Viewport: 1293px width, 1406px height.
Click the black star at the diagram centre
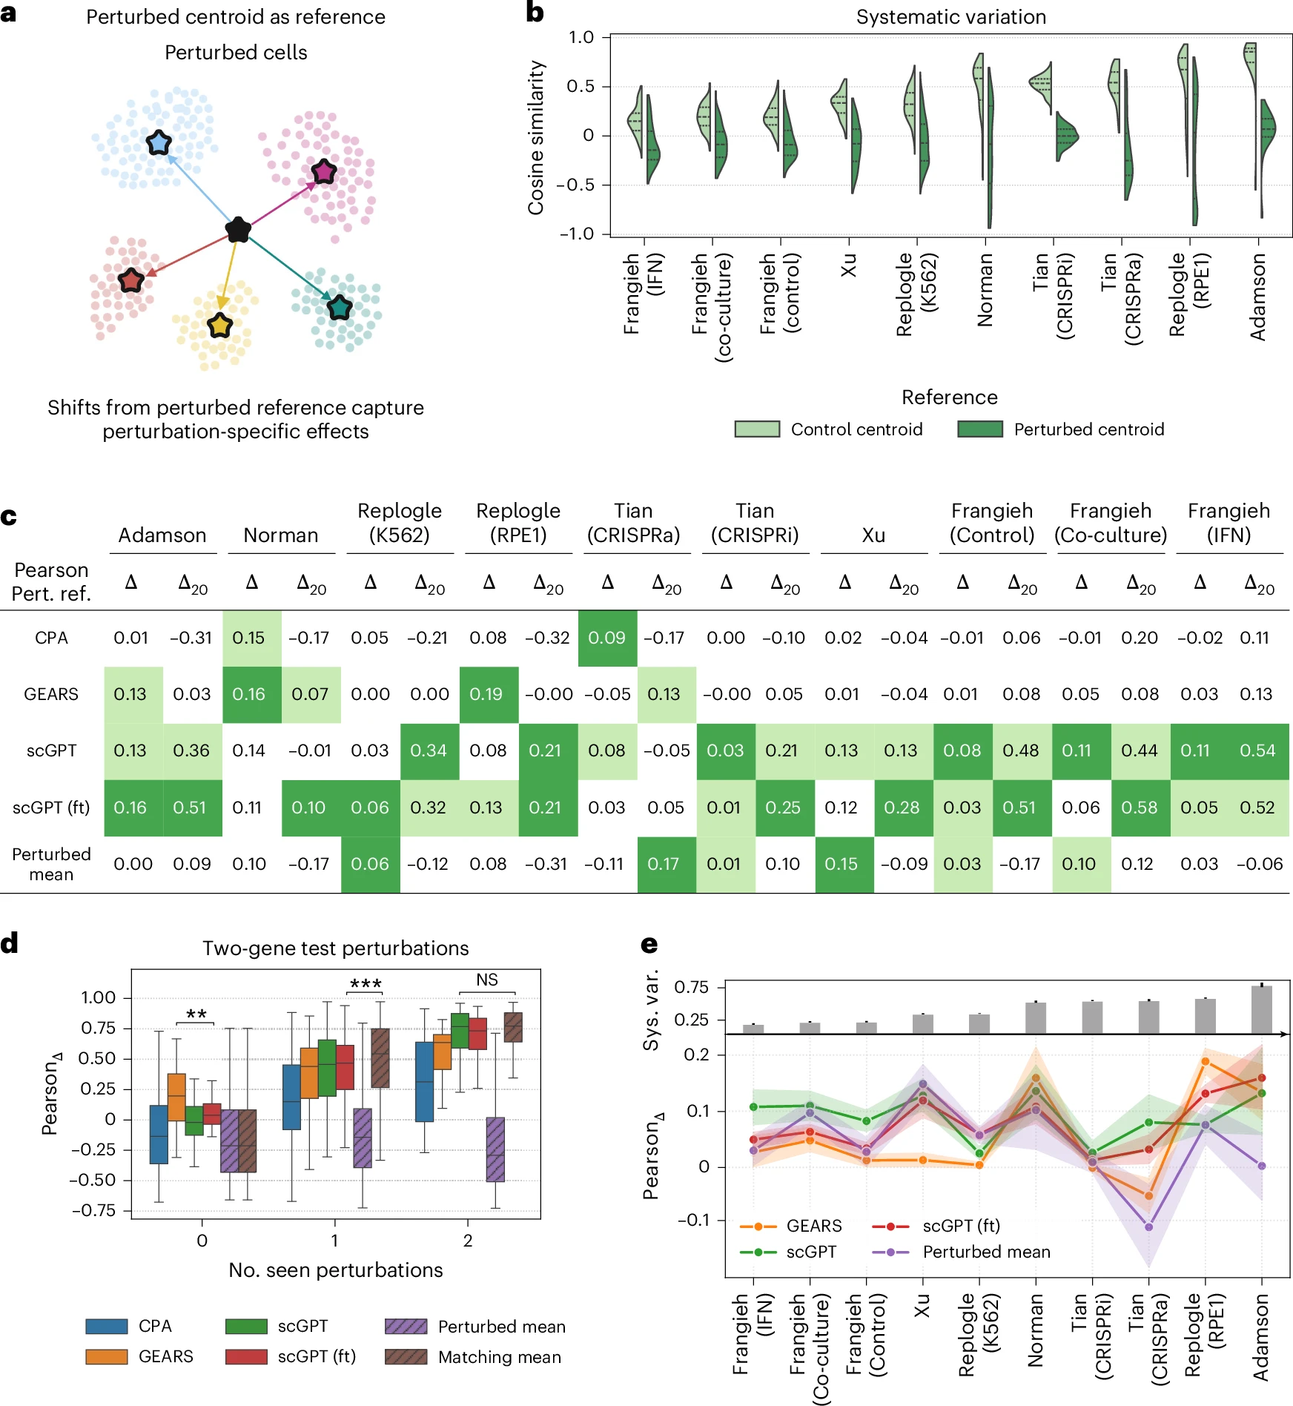click(238, 230)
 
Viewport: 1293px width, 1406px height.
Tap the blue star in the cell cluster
click(159, 142)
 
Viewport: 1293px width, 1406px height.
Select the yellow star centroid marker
click(220, 325)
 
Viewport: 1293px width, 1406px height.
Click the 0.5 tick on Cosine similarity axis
click(581, 87)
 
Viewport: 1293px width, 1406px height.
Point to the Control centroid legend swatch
click(757, 429)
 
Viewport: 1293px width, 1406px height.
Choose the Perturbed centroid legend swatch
click(979, 429)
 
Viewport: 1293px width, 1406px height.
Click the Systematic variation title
click(950, 17)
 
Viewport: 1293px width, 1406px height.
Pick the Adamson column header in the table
click(162, 535)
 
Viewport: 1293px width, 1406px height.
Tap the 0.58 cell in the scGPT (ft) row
click(1140, 808)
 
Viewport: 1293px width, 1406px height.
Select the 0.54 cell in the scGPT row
click(1257, 750)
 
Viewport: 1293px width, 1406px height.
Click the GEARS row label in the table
click(51, 694)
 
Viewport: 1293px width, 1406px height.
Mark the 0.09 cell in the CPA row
click(606, 638)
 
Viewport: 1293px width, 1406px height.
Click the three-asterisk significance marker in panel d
click(366, 984)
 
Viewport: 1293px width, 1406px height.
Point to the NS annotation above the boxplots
click(487, 980)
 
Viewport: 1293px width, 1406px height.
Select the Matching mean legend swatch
click(406, 1357)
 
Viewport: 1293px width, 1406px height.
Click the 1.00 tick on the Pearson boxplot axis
click(99, 997)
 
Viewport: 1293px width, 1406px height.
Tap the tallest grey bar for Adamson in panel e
click(1261, 1009)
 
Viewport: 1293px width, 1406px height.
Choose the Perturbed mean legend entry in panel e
click(986, 1252)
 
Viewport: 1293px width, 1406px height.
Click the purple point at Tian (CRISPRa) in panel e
click(1148, 1227)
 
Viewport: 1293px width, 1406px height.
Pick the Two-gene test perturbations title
click(335, 948)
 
